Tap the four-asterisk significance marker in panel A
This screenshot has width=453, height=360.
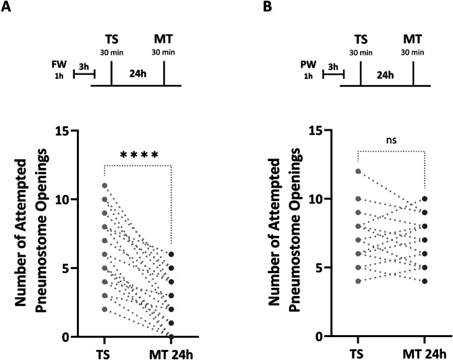(x=139, y=156)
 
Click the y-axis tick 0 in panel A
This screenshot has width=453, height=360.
(x=88, y=336)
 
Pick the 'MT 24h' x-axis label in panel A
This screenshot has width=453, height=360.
(x=171, y=352)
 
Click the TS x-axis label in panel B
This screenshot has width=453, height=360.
(x=358, y=352)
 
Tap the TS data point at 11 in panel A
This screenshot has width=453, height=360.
(x=104, y=185)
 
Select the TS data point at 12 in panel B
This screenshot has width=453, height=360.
(x=358, y=171)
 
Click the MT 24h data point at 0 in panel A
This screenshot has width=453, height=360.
(x=171, y=336)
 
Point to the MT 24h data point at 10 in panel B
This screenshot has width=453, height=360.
(x=425, y=199)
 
